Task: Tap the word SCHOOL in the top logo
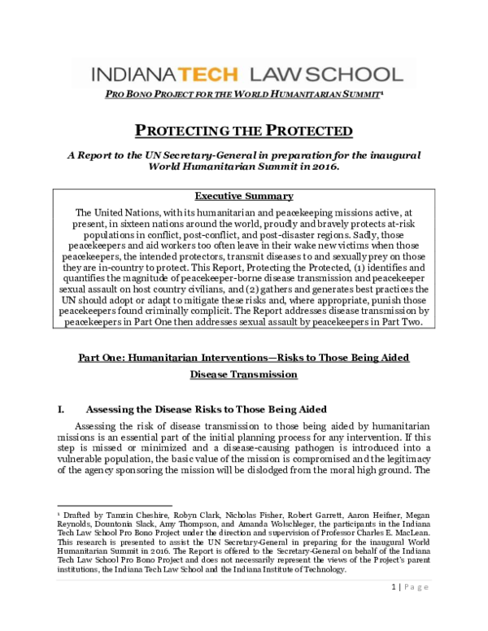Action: click(x=352, y=75)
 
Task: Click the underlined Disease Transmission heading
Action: click(x=243, y=374)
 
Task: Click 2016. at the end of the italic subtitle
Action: click(x=316, y=167)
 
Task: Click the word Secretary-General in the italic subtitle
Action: click(x=221, y=154)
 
